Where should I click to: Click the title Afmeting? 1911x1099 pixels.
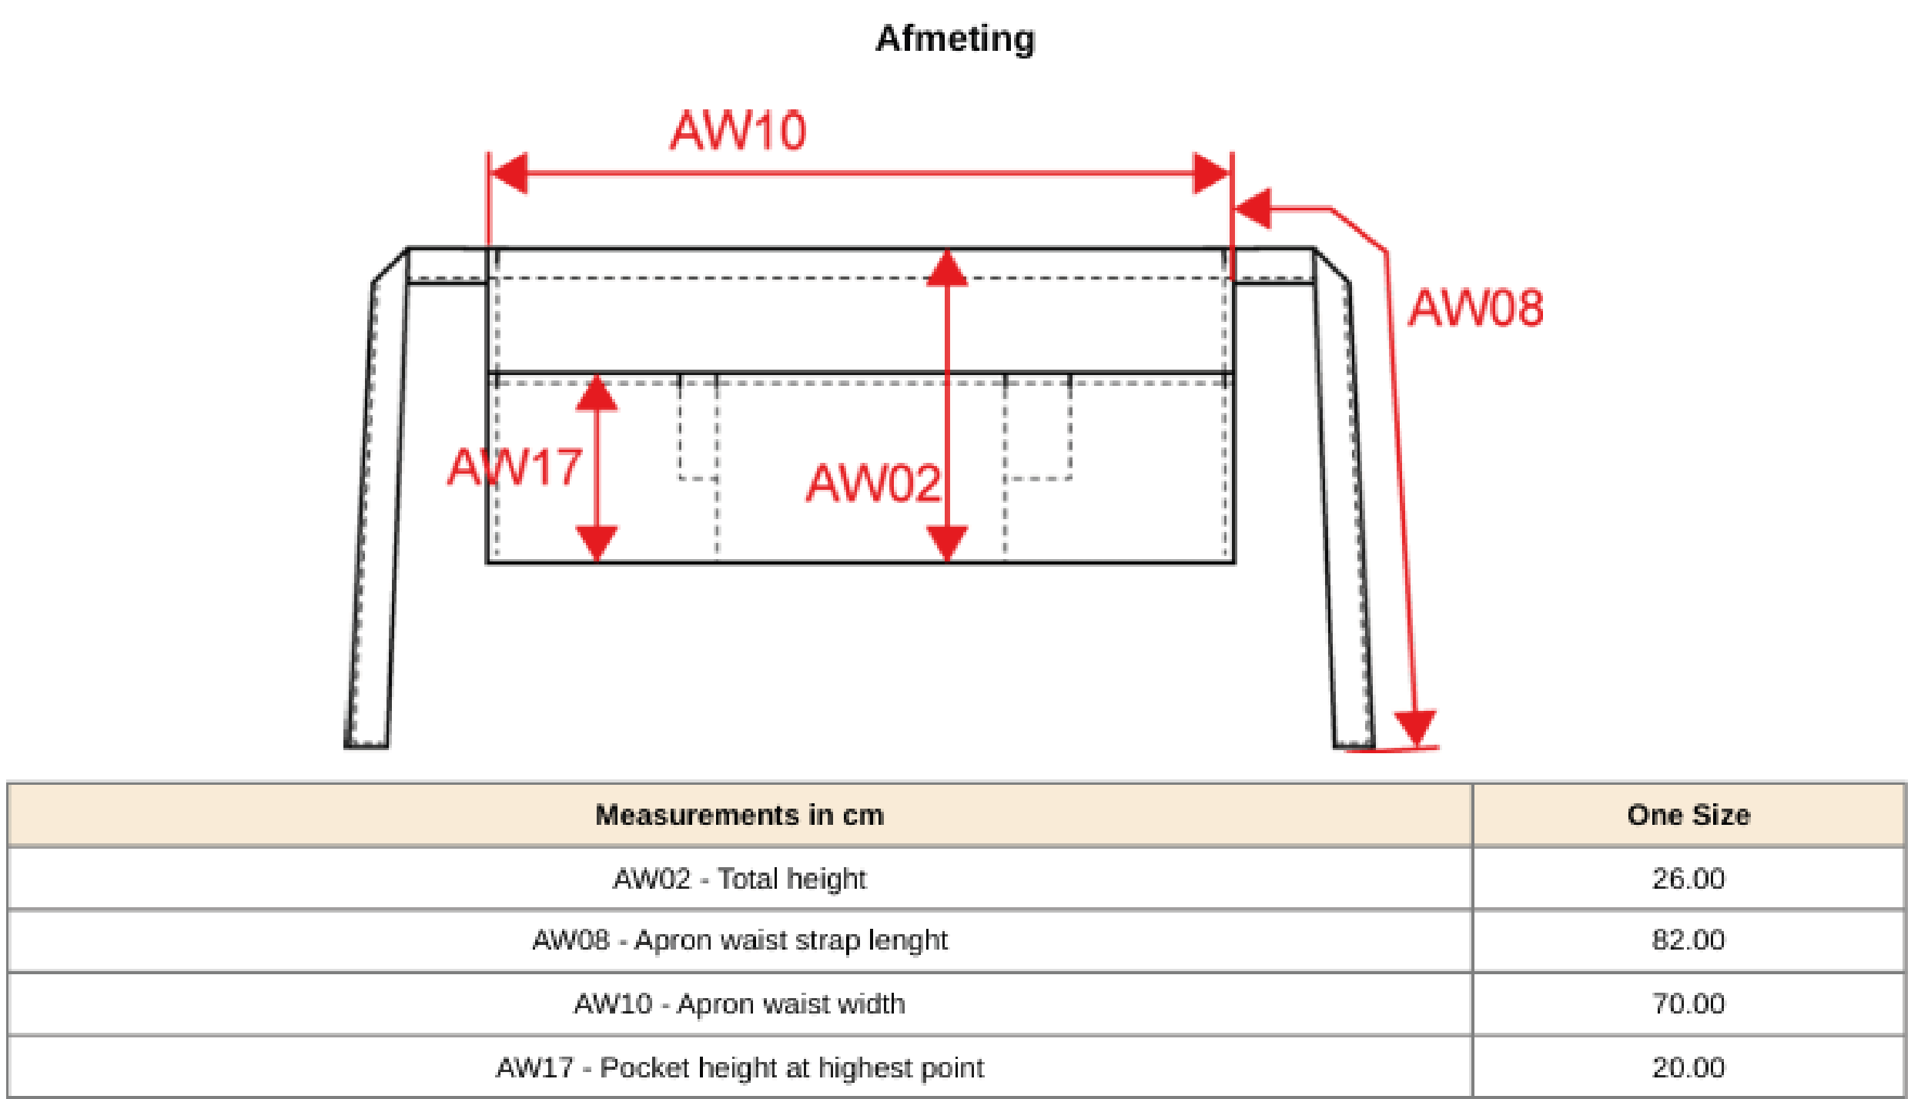coord(955,39)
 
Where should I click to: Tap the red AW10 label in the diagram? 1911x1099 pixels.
coord(738,130)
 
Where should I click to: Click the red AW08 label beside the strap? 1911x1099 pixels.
coord(1475,308)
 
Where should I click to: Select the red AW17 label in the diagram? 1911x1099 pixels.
coord(514,467)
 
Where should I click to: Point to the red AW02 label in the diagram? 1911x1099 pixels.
coord(873,484)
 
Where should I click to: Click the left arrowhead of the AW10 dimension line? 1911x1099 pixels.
coord(508,173)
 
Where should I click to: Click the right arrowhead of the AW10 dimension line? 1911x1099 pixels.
coord(1211,173)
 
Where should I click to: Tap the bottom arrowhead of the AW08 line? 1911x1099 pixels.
coord(1415,727)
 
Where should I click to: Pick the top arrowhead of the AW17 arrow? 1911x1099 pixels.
coord(597,394)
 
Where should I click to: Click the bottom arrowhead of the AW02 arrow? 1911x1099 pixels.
coord(947,542)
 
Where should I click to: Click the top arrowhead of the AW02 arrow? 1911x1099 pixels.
coord(947,269)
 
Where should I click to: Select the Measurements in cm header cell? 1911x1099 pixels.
coord(739,815)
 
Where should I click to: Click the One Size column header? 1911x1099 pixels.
coord(1688,815)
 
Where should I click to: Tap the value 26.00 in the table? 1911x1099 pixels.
coord(1688,879)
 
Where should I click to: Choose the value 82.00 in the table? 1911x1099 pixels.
coord(1688,940)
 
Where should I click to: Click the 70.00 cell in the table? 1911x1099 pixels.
coord(1688,1004)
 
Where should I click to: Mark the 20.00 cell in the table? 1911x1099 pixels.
coord(1688,1068)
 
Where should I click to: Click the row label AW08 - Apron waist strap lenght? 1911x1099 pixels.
coord(739,940)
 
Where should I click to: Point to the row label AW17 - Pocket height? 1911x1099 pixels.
coord(739,1068)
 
